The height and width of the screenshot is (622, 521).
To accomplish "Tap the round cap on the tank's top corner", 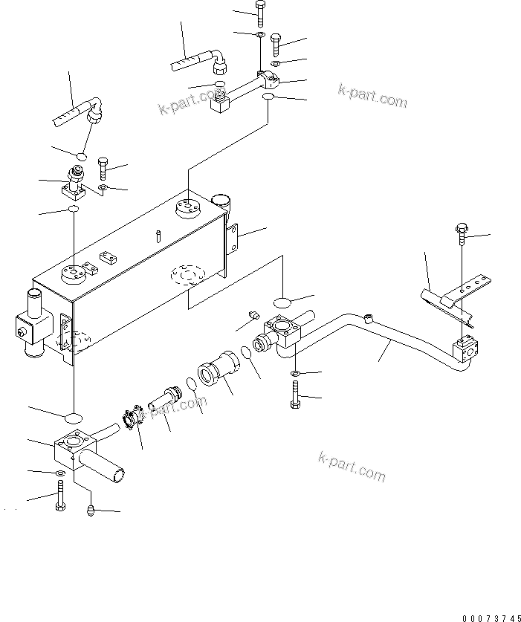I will [221, 201].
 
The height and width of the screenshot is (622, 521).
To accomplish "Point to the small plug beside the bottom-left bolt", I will [90, 510].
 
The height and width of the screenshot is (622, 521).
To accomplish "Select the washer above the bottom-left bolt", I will [59, 473].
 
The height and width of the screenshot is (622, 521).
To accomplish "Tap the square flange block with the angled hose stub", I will [75, 450].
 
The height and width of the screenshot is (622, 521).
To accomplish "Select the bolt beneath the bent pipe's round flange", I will [294, 394].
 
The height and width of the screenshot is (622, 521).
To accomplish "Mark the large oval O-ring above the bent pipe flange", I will [283, 302].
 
